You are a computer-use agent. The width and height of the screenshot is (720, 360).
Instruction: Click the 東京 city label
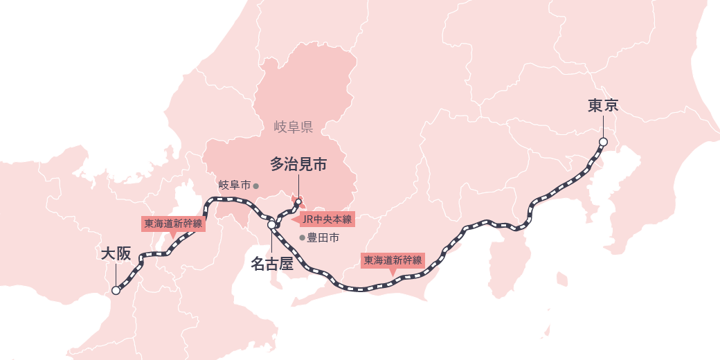(x=602, y=106)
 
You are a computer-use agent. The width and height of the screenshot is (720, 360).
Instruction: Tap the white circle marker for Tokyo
(x=603, y=142)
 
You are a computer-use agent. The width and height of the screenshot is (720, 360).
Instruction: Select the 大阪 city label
(x=116, y=254)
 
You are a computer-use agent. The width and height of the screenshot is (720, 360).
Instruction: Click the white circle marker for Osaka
(x=116, y=291)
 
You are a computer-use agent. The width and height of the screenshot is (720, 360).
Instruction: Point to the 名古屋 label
(x=272, y=263)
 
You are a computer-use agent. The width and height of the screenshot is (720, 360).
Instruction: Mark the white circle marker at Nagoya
(x=271, y=224)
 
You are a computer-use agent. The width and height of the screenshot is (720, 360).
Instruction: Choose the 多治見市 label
(x=298, y=165)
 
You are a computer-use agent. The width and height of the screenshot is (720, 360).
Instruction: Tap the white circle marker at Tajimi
(x=298, y=202)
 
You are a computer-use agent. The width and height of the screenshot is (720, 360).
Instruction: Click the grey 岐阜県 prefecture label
(x=294, y=127)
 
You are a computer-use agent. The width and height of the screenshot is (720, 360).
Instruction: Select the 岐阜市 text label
(x=234, y=185)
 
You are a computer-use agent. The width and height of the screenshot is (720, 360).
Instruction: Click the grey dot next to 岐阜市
(x=255, y=186)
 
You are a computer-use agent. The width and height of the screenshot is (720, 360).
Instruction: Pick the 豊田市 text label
(x=323, y=238)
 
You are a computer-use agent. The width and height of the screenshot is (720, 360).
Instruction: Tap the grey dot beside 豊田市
(x=302, y=238)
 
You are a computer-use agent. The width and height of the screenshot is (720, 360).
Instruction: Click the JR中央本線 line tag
(x=327, y=219)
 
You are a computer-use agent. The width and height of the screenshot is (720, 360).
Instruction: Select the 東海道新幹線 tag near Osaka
(x=173, y=224)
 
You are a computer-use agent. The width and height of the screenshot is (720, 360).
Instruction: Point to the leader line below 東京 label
(x=603, y=126)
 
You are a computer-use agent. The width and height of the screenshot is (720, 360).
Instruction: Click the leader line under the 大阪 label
(x=116, y=275)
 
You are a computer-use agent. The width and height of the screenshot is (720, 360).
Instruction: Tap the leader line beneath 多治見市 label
(x=298, y=185)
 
